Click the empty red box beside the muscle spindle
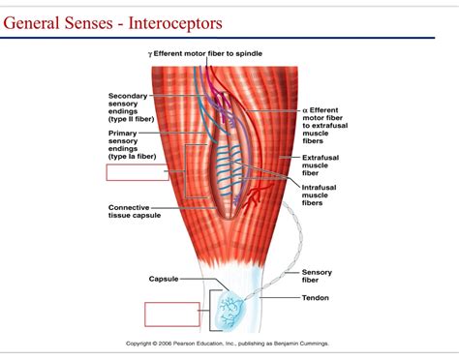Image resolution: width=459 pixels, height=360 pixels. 138,173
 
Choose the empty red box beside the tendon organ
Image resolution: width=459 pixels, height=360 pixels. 172,315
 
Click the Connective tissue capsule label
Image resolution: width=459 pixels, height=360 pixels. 141,210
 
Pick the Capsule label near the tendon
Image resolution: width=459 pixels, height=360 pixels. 164,279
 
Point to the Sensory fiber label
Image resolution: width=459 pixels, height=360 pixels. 318,276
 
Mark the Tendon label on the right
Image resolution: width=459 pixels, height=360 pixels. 317,298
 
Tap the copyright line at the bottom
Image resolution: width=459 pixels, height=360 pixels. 228,343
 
